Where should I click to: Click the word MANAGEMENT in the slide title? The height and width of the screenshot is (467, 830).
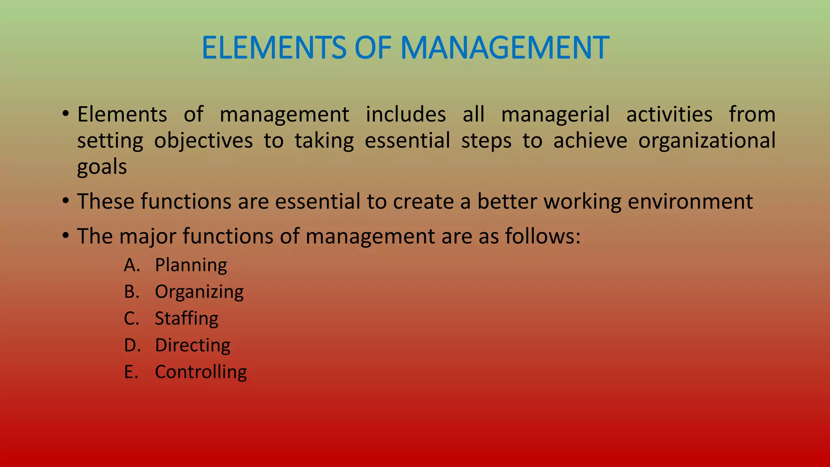pyautogui.click(x=505, y=48)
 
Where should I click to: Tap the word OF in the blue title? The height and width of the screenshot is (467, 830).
pyautogui.click(x=373, y=48)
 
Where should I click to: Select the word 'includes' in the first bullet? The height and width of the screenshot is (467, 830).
pyautogui.click(x=406, y=114)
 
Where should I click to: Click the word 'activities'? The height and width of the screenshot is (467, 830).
pyautogui.click(x=669, y=114)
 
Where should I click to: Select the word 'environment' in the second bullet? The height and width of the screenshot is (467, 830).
pyautogui.click(x=690, y=201)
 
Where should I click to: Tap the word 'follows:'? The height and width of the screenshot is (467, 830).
pyautogui.click(x=543, y=236)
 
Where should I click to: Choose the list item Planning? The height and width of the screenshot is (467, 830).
pyautogui.click(x=191, y=266)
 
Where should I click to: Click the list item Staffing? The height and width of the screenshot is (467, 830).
pyautogui.click(x=186, y=319)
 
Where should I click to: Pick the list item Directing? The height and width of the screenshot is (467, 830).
pyautogui.click(x=193, y=345)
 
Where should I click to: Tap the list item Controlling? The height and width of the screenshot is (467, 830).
pyautogui.click(x=201, y=372)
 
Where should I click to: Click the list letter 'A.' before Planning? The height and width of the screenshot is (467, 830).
pyautogui.click(x=132, y=266)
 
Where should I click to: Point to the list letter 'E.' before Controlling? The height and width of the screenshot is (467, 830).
pyautogui.click(x=131, y=372)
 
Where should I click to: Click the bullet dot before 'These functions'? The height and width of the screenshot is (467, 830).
pyautogui.click(x=66, y=201)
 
